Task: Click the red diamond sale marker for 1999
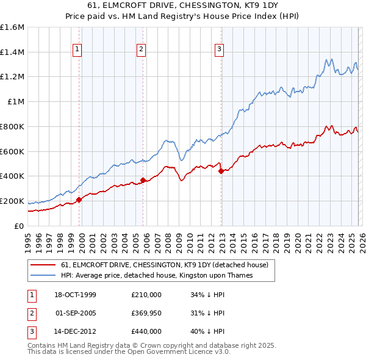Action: point(79,199)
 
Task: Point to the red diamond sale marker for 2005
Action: point(143,179)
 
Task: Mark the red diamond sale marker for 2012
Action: point(221,171)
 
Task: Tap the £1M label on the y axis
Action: point(16,102)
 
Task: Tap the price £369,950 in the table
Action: point(146,313)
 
